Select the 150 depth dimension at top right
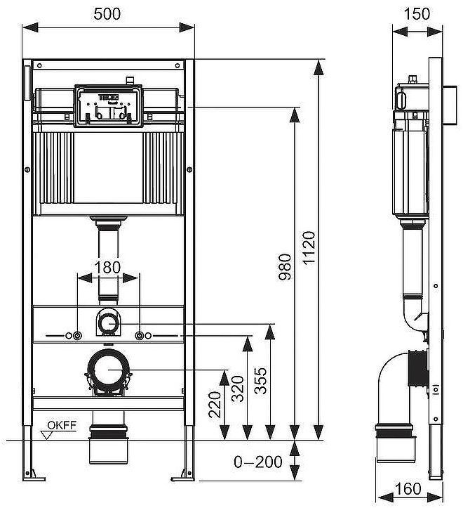coord(417,13)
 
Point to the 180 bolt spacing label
coord(107,268)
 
